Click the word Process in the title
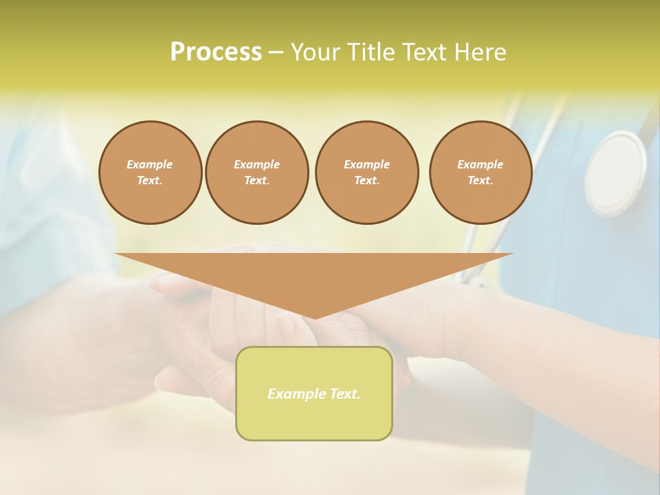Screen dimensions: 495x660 [x=216, y=52]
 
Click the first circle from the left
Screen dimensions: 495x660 [x=150, y=173]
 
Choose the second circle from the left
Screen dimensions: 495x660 [x=256, y=173]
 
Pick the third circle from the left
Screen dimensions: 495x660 [x=366, y=173]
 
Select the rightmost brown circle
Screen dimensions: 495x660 [x=481, y=173]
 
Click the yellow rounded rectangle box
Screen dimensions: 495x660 [x=314, y=393]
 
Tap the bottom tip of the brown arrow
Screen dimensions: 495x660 [x=314, y=318]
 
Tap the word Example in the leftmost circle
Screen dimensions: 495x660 [x=150, y=164]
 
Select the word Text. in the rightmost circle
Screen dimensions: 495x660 [x=481, y=181]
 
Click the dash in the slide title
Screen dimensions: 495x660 [x=276, y=52]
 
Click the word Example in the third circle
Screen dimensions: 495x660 [x=366, y=164]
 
